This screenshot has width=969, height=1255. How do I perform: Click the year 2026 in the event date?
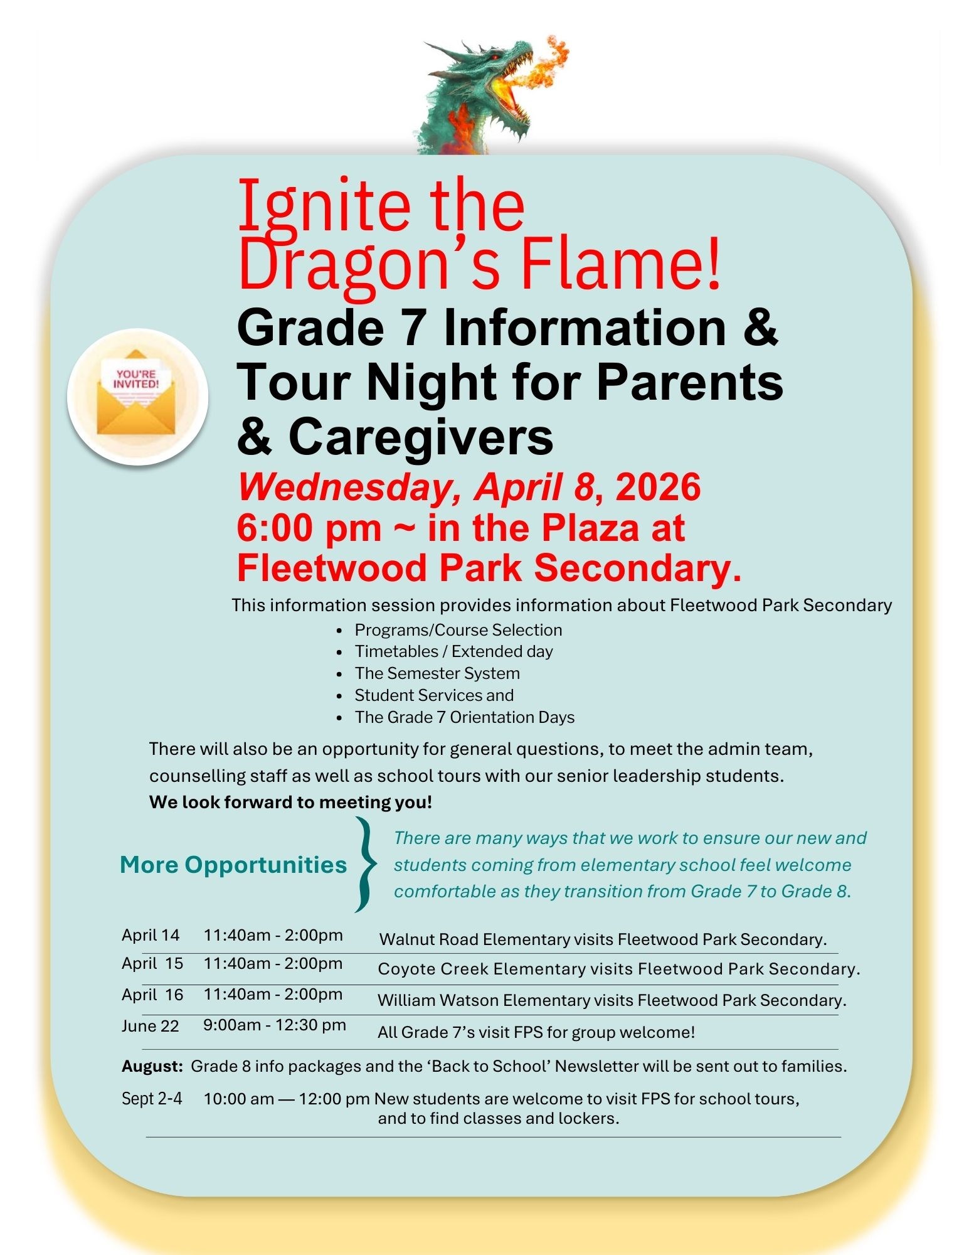click(658, 488)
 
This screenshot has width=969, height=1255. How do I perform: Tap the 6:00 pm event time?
click(309, 528)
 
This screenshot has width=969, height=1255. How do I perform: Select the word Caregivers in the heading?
click(421, 437)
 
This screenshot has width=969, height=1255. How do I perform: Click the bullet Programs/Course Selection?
click(458, 630)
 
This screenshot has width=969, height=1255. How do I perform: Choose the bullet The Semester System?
click(437, 673)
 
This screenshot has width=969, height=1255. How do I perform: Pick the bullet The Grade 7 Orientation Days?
click(464, 717)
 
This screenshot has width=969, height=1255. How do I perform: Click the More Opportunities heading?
click(233, 865)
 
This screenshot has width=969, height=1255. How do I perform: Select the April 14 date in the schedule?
click(151, 935)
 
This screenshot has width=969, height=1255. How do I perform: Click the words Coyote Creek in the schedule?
click(433, 969)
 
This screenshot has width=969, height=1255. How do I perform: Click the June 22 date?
click(151, 1026)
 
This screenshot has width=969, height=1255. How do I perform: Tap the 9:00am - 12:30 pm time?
click(274, 1025)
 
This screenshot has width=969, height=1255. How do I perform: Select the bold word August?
click(152, 1066)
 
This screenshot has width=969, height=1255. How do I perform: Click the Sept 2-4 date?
click(152, 1098)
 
